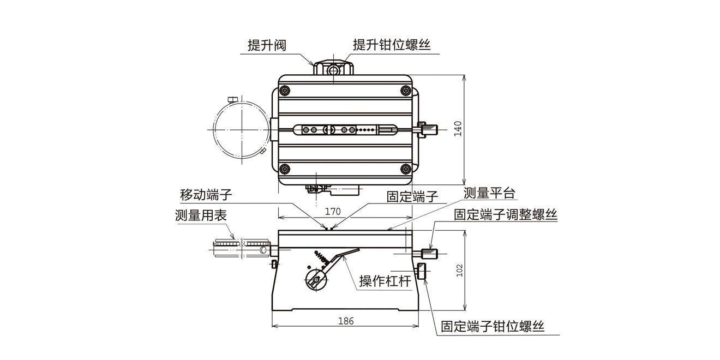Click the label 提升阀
pos(267,45)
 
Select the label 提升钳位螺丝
pos(392,45)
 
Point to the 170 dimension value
pos(333,211)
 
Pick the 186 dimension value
pos(346,321)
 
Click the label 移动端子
pos(206,195)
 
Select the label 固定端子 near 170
pos(412,196)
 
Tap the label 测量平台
pos(489,193)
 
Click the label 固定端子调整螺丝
pos(506,214)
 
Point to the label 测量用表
pos(201,215)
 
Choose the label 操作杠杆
pos(385,281)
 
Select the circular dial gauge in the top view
pos(238,129)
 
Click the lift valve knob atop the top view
pos(333,69)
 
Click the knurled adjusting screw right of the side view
pos(430,254)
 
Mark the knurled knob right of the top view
pos(429,130)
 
